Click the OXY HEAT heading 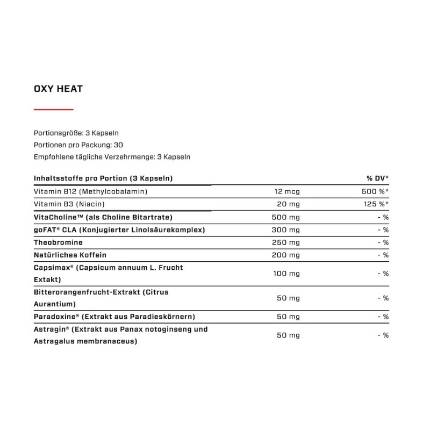coord(58,88)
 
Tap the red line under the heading coord(53,109)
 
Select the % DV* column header coord(377,178)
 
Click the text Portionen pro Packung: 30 coord(78,145)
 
